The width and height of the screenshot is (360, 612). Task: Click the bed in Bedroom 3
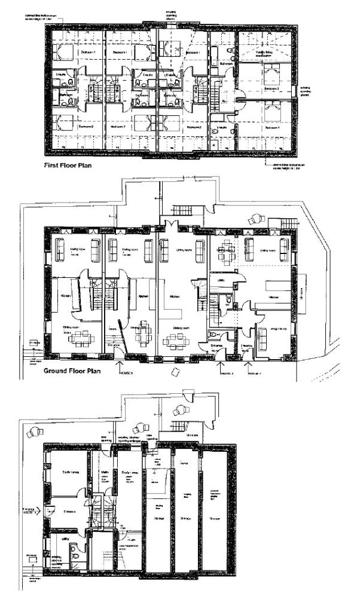click(273, 76)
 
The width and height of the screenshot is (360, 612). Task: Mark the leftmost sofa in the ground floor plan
click(59, 250)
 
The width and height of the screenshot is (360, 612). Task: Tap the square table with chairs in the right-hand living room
click(226, 252)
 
